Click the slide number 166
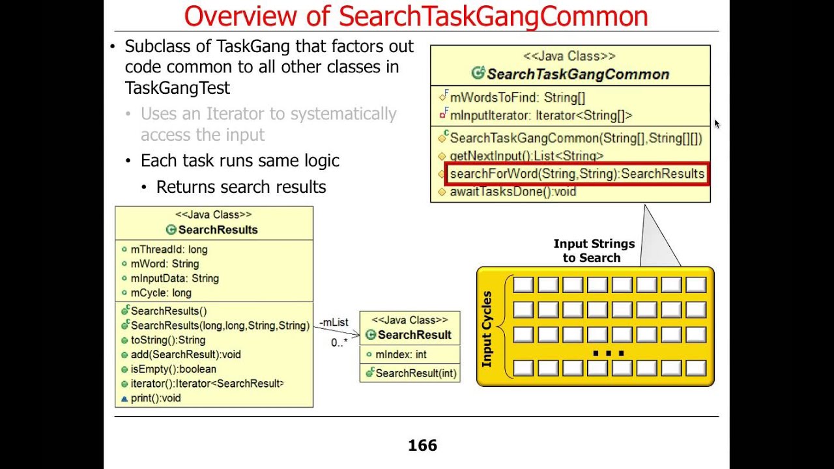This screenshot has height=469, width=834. pos(422,446)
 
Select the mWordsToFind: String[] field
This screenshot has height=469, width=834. pos(517,98)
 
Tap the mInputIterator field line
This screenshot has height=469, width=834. pos(541,116)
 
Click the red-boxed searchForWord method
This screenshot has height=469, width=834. pos(577,175)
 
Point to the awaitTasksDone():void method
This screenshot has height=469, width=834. pos(513,192)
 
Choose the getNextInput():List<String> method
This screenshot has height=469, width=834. pos(526,156)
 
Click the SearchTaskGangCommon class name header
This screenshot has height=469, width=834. pos(577,74)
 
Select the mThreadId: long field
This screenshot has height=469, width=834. pos(169,249)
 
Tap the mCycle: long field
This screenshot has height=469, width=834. pos(161,293)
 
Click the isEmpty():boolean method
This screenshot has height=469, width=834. pos(173,369)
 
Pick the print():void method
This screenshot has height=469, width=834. pos(156,398)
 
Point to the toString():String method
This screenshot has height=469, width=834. pos(167,340)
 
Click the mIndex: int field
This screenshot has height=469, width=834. pos(401,355)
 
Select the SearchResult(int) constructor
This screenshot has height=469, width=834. pos(416,373)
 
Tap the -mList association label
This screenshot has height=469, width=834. pos(334,322)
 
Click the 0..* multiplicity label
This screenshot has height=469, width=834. pos(339,343)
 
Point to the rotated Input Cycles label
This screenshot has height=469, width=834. pos(487,329)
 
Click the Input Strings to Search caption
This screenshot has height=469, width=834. pos(594,251)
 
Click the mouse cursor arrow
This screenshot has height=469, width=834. pos(716,122)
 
